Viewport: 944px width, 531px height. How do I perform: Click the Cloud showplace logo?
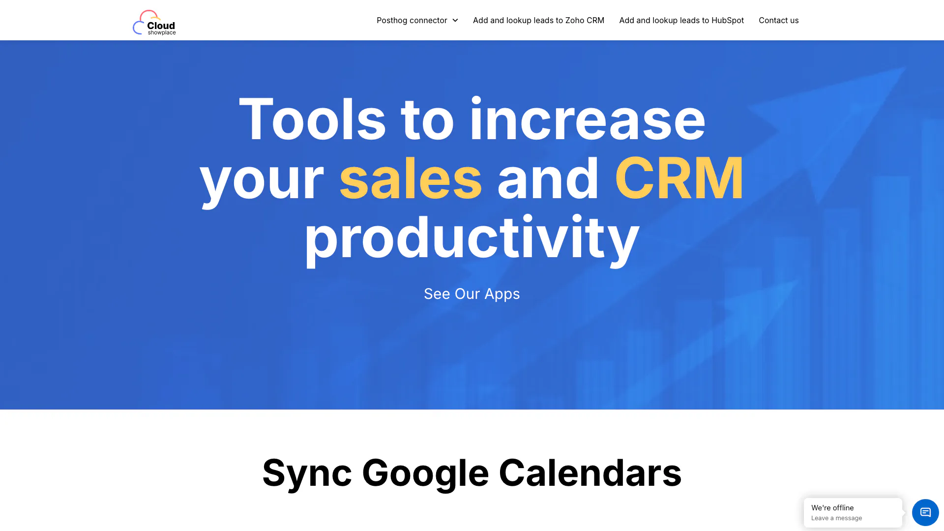[154, 23]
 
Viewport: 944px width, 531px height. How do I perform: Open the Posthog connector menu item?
[412, 20]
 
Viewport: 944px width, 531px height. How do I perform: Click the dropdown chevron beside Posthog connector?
[455, 21]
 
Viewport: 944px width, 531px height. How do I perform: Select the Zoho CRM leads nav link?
[538, 20]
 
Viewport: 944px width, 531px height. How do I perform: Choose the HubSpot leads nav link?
[681, 20]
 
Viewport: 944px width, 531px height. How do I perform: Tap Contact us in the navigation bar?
[778, 20]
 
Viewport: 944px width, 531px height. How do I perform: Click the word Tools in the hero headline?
[312, 119]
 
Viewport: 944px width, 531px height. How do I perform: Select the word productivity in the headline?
[472, 239]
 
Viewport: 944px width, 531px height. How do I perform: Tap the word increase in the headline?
[588, 119]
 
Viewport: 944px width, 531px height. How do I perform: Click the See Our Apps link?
[472, 294]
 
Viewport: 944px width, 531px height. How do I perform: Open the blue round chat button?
[925, 512]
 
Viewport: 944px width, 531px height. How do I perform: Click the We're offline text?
[832, 507]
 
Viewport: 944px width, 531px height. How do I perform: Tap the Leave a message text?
[836, 518]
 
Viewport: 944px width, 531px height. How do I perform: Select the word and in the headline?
[548, 178]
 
